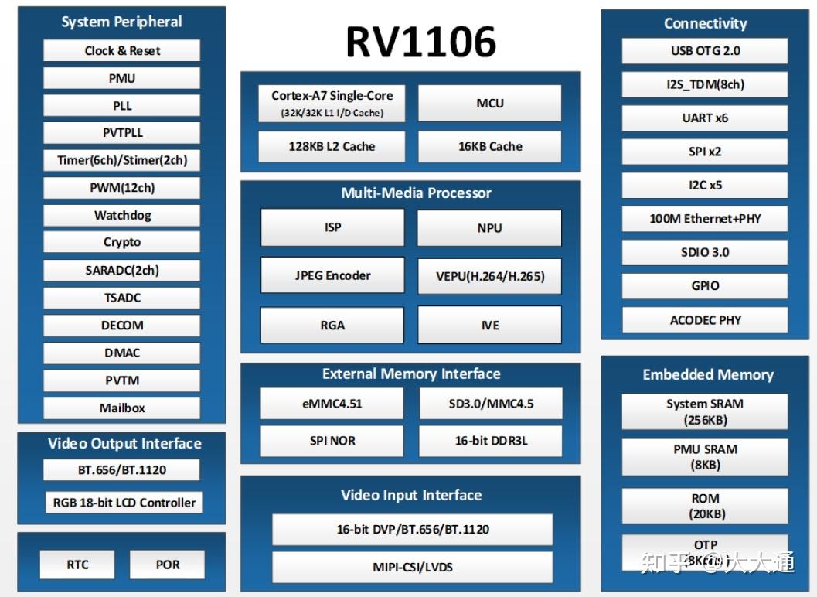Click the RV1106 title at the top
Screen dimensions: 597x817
pyautogui.click(x=420, y=41)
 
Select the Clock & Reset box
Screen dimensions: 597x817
pyautogui.click(x=122, y=51)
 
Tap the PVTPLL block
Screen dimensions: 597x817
pyautogui.click(x=122, y=132)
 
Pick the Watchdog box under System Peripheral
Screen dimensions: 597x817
pyautogui.click(x=122, y=215)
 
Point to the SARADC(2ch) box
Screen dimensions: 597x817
pyautogui.click(x=122, y=270)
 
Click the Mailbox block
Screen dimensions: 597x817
pyautogui.click(x=122, y=408)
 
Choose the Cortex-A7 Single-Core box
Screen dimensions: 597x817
pyautogui.click(x=332, y=103)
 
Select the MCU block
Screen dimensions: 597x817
pyautogui.click(x=489, y=103)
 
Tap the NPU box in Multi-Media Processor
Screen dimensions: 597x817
pyautogui.click(x=489, y=227)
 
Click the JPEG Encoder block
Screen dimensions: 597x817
pyautogui.click(x=332, y=275)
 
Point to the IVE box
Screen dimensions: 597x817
pyautogui.click(x=489, y=325)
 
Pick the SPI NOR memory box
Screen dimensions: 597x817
pyautogui.click(x=332, y=441)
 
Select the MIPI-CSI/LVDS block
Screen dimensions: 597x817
pyautogui.click(x=412, y=567)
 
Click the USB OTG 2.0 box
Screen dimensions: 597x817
pyautogui.click(x=705, y=51)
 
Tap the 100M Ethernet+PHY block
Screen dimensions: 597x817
pyautogui.click(x=705, y=218)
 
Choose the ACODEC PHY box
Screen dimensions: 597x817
pyautogui.click(x=705, y=319)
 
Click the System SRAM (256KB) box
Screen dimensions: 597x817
pyautogui.click(x=705, y=411)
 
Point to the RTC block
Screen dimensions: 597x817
pyautogui.click(x=77, y=565)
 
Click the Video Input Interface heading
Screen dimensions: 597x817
pyautogui.click(x=411, y=495)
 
